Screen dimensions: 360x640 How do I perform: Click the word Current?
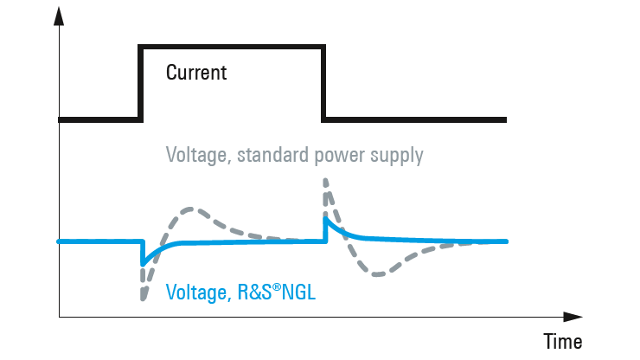pos(196,72)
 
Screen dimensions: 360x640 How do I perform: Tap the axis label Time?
pos(562,340)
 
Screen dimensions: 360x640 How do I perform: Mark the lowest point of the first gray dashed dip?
pos(141,299)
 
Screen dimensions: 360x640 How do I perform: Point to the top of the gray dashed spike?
pos(325,180)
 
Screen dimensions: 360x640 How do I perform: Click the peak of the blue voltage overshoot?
pos(325,219)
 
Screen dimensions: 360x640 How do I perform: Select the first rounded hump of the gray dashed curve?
pos(195,209)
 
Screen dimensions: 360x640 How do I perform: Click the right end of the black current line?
pos(505,119)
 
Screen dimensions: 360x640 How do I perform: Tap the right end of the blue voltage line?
pos(506,241)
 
